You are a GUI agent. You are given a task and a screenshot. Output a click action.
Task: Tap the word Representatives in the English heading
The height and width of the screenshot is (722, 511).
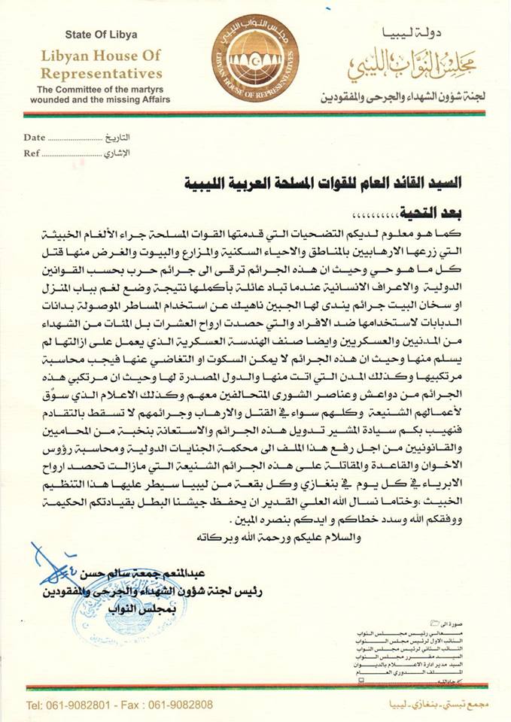tap(112, 74)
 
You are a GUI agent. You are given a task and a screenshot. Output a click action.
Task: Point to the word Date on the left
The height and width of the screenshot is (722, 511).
tap(35, 138)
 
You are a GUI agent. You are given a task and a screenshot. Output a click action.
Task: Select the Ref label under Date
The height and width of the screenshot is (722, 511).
tap(32, 153)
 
